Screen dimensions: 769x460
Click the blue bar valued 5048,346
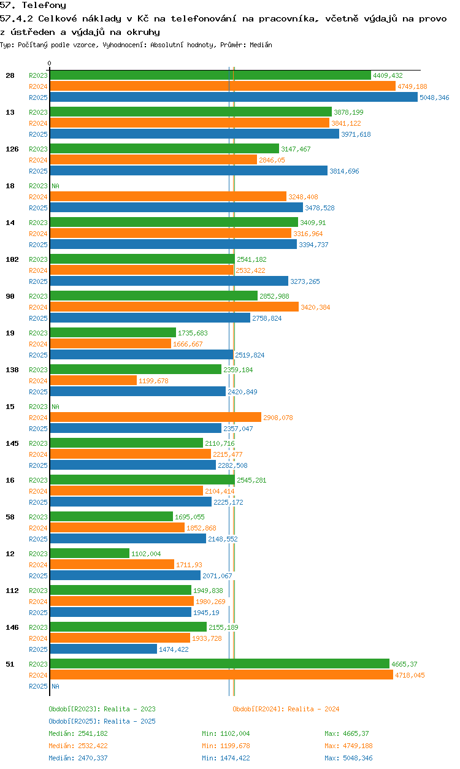(x=233, y=98)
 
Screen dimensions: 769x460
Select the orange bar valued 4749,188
(x=222, y=86)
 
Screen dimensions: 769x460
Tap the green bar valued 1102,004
(x=90, y=554)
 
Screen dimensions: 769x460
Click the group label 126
(x=12, y=149)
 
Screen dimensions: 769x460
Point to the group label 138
(x=12, y=370)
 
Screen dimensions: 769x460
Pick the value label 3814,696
(x=344, y=171)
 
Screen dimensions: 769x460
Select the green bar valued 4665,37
(x=219, y=664)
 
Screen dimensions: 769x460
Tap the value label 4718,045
(x=410, y=675)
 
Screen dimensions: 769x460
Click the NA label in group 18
(x=55, y=186)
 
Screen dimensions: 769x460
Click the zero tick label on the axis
(x=50, y=64)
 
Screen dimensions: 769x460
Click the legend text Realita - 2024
(x=313, y=709)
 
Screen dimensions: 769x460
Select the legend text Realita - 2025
(x=129, y=721)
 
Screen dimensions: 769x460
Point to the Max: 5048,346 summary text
(x=348, y=758)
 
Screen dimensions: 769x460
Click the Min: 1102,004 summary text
(x=226, y=733)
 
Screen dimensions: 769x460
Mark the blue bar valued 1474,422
(x=103, y=649)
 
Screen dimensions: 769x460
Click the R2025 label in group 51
(x=38, y=686)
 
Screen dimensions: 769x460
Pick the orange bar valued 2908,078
(x=155, y=418)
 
